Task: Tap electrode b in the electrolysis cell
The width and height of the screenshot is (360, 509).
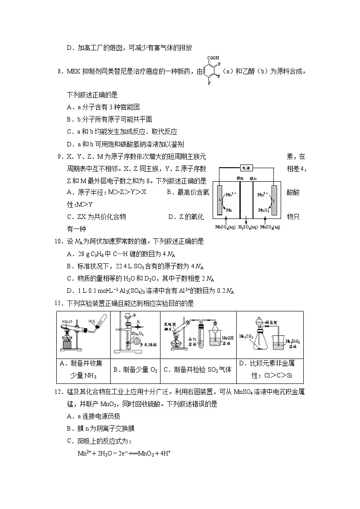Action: click(x=274, y=199)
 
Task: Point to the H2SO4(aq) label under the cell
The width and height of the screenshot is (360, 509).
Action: click(x=248, y=227)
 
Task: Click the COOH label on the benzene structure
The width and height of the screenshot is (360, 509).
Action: click(x=213, y=58)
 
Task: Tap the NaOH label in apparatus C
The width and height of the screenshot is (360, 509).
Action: click(x=228, y=338)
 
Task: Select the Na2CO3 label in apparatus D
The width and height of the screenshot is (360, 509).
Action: click(x=246, y=336)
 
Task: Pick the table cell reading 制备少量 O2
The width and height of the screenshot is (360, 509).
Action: click(x=135, y=369)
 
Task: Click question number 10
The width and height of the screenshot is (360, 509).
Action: click(x=58, y=241)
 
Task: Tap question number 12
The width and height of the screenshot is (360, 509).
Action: click(x=58, y=392)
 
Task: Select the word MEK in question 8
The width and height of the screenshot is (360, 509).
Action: click(x=73, y=71)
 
